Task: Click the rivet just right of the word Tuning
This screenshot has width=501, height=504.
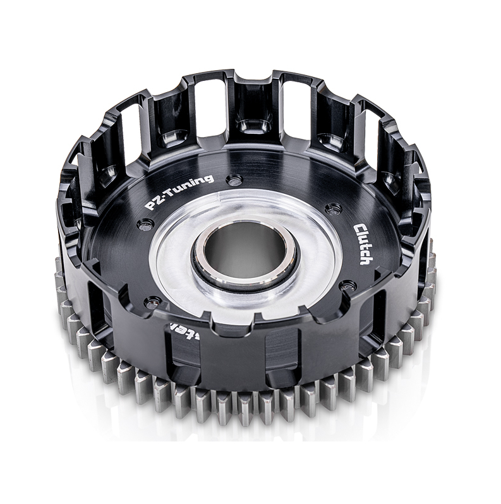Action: click(234, 181)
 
